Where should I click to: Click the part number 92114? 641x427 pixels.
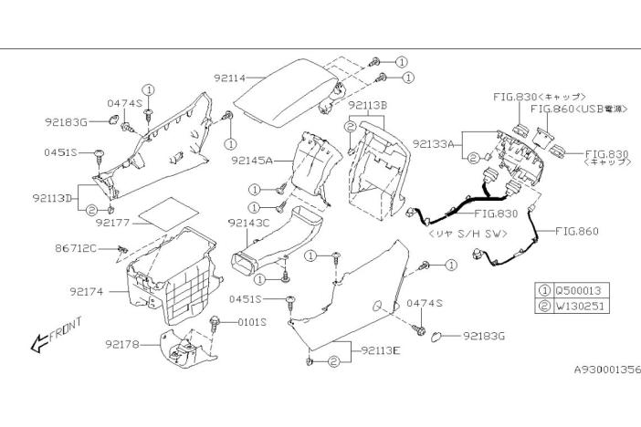(x=229, y=78)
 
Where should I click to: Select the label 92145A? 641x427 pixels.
(x=251, y=161)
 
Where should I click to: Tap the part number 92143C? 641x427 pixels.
(x=248, y=224)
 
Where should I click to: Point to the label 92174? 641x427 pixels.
(x=86, y=292)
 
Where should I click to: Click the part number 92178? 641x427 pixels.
(x=121, y=345)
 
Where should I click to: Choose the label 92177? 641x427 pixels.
(x=112, y=223)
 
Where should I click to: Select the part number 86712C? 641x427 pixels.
(x=76, y=248)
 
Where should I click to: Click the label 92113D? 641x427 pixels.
(x=52, y=198)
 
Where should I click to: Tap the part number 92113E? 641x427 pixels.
(x=381, y=350)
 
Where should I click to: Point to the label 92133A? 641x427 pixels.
(x=434, y=144)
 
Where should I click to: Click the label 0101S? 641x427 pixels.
(x=252, y=322)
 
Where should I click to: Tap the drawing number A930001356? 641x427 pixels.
(x=607, y=370)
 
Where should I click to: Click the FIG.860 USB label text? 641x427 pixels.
(x=579, y=109)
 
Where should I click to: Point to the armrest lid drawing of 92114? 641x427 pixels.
(x=286, y=93)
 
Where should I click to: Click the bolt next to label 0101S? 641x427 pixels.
(x=215, y=323)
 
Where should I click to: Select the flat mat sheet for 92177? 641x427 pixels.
(x=169, y=214)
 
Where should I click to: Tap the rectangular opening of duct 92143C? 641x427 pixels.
(x=245, y=265)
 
